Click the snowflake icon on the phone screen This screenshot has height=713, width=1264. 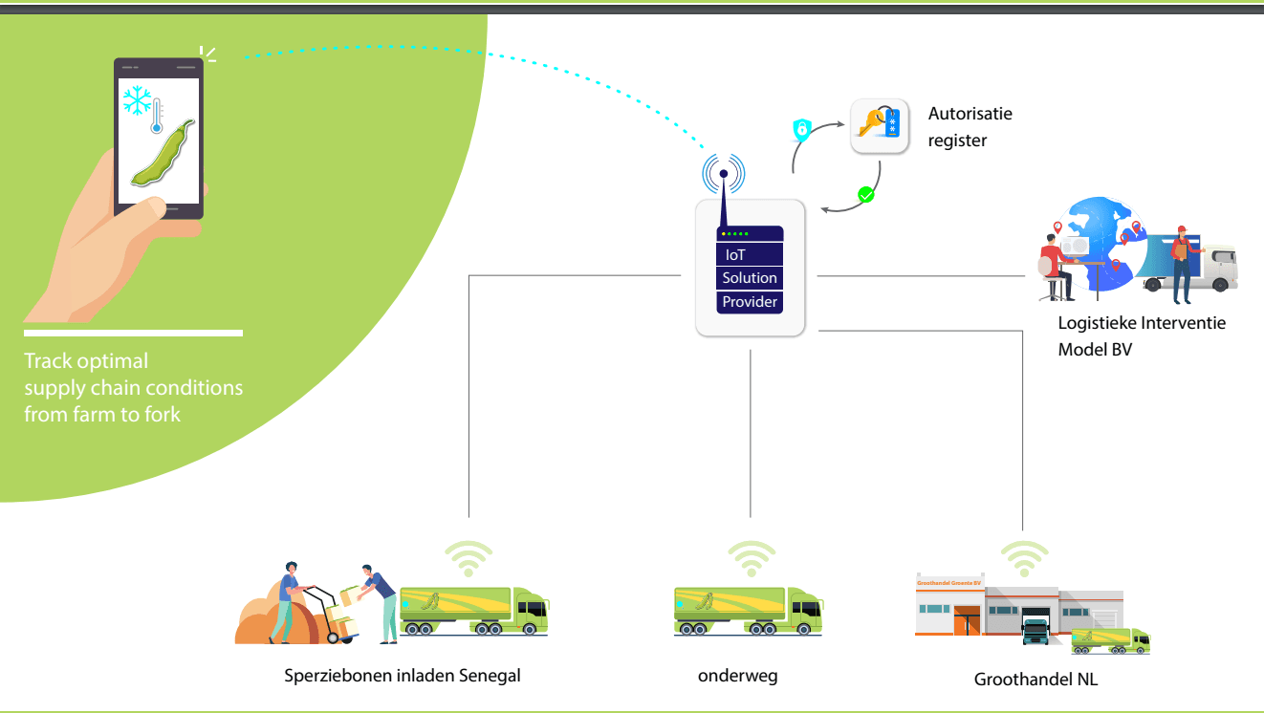(x=138, y=100)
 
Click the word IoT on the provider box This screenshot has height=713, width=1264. (x=735, y=255)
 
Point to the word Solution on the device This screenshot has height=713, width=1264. (x=750, y=278)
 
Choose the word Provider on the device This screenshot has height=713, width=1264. (x=750, y=302)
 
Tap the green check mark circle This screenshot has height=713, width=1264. (x=866, y=195)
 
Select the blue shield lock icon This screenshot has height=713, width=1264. (x=801, y=129)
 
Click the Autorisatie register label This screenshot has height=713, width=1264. (x=970, y=127)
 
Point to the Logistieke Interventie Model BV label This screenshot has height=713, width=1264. (x=1141, y=336)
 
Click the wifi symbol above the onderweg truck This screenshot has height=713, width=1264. (x=752, y=558)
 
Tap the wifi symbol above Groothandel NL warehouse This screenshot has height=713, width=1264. (x=1024, y=558)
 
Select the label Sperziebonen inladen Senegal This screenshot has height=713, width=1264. (x=403, y=676)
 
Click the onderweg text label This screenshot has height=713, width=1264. (x=737, y=676)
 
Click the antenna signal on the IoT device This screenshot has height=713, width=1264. (x=724, y=174)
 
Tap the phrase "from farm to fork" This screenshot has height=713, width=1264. (x=102, y=415)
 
